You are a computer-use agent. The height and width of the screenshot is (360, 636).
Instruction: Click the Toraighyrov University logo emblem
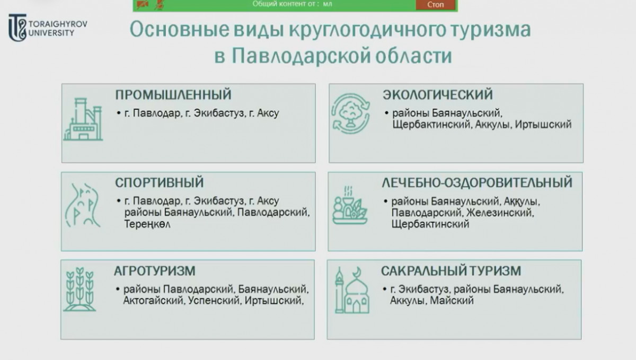[17, 28]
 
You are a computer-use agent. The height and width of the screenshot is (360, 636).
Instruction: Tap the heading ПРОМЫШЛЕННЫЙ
[173, 95]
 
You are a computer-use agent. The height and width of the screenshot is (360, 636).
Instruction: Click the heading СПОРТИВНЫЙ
[159, 182]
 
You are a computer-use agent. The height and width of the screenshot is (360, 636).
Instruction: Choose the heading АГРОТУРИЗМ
[155, 271]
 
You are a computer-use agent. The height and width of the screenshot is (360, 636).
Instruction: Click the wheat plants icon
[79, 289]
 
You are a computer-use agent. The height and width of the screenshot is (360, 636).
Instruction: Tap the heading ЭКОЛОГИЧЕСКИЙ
[437, 95]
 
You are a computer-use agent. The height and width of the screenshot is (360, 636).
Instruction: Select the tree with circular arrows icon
[349, 112]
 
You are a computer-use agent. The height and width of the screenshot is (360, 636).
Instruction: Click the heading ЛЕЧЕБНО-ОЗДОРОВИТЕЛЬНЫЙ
[476, 182]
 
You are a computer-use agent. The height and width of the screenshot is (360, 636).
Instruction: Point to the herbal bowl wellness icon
[349, 205]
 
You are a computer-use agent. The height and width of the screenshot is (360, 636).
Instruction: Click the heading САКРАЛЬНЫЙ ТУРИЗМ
[458, 271]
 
